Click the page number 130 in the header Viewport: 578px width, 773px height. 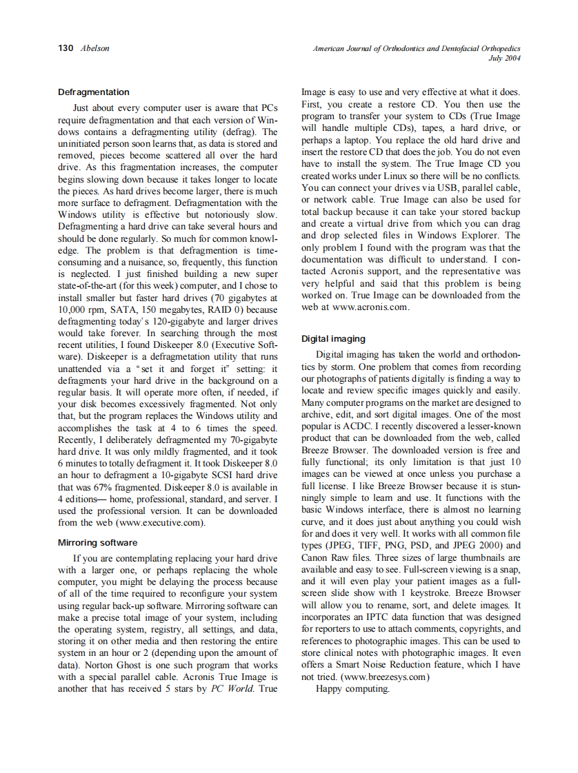pyautogui.click(x=66, y=48)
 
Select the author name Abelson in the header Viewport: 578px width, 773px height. pyautogui.click(x=94, y=48)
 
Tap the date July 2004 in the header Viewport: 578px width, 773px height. pyautogui.click(x=504, y=59)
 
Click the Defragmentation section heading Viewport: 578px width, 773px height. pyautogui.click(x=93, y=92)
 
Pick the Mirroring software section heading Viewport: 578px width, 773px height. pyautogui.click(x=97, y=542)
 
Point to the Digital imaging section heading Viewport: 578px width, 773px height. pyautogui.click(x=333, y=339)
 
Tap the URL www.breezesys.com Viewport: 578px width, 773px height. pyautogui.click(x=387, y=676)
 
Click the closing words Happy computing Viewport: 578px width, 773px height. pyautogui.click(x=352, y=688)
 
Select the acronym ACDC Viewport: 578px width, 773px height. pyautogui.click(x=353, y=426)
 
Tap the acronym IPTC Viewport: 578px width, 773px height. pyautogui.click(x=377, y=617)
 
